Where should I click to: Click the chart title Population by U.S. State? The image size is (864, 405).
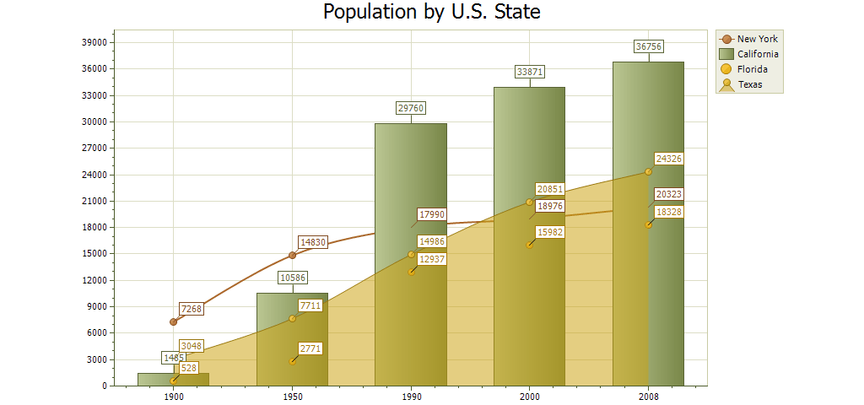click(x=431, y=13)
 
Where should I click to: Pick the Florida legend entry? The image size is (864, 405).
click(x=752, y=69)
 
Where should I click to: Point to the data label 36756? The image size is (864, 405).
click(x=648, y=47)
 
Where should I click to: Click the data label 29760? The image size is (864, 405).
click(x=411, y=108)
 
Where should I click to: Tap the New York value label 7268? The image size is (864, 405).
click(x=192, y=310)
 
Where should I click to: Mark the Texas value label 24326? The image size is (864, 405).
click(x=669, y=159)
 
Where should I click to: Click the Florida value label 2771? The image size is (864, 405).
click(x=310, y=348)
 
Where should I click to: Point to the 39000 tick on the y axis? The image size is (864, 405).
click(x=94, y=42)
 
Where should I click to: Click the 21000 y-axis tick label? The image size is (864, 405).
click(x=94, y=201)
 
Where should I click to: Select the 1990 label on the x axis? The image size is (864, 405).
click(x=411, y=396)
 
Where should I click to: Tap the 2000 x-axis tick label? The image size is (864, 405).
click(x=529, y=396)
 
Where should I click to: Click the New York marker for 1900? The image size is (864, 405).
click(x=173, y=321)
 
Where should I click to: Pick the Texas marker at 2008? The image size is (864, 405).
click(x=648, y=171)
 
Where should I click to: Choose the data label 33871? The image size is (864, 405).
click(x=529, y=73)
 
